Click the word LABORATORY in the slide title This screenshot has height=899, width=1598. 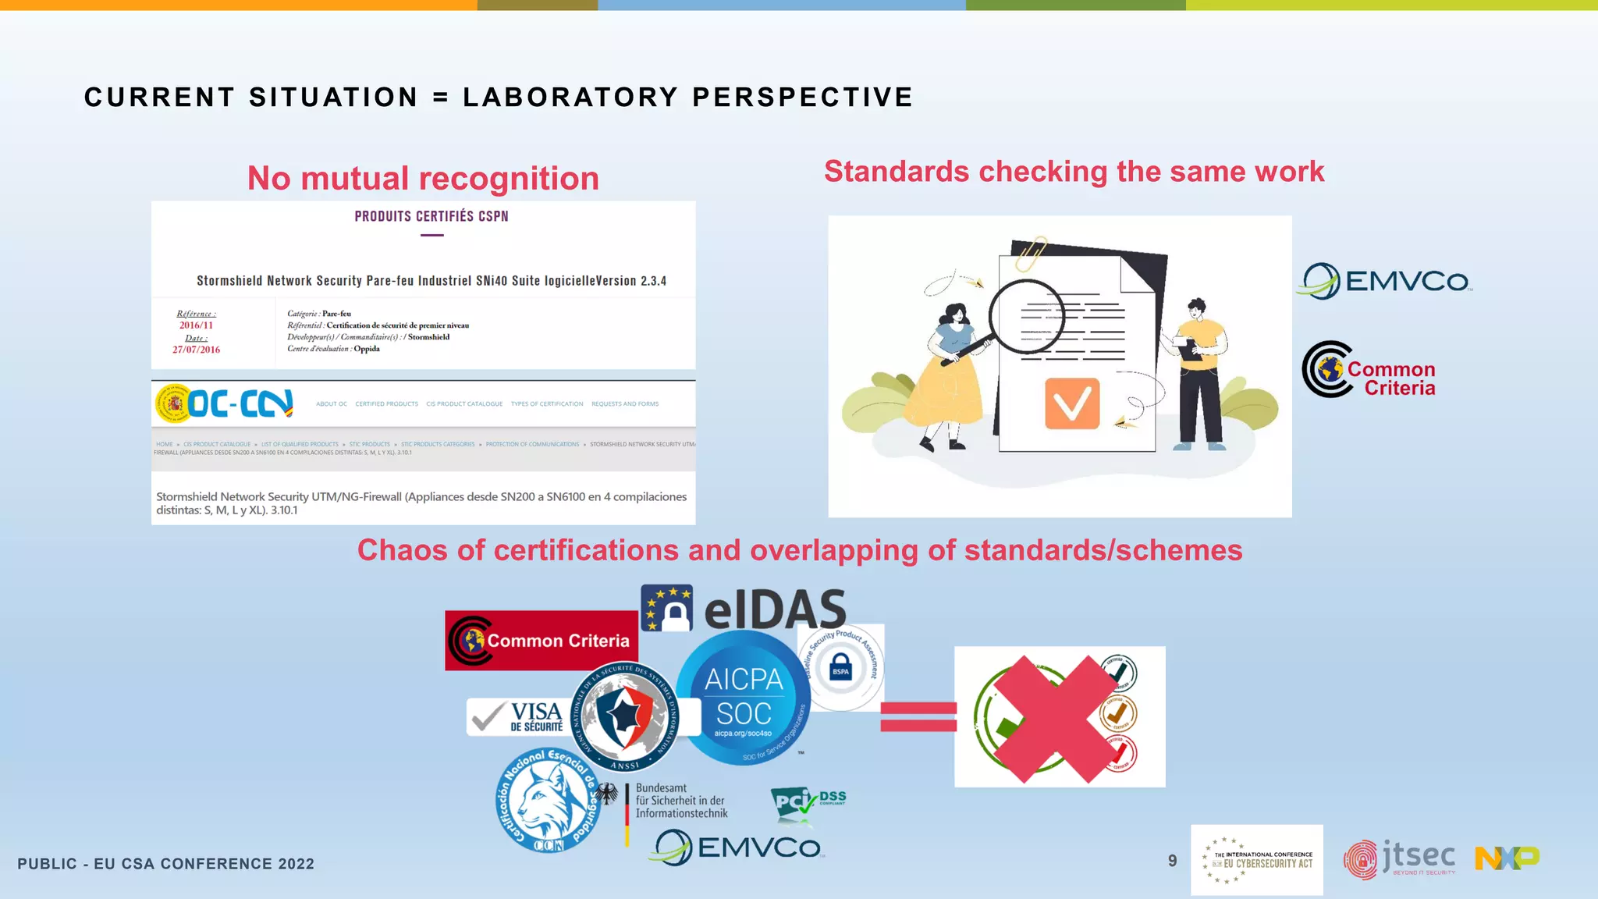[570, 98]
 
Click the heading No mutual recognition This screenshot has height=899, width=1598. [423, 179]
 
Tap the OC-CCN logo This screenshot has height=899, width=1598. [225, 403]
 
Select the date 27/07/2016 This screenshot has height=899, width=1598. [196, 350]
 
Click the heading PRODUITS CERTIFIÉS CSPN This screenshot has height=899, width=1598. [431, 216]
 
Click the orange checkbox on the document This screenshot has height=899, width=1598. [1072, 403]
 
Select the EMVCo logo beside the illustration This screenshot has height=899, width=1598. [1386, 281]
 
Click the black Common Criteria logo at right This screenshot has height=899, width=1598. [1369, 370]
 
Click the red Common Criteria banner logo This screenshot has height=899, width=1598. [542, 641]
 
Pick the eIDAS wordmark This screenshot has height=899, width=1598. [774, 609]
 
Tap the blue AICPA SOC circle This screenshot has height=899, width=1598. [743, 697]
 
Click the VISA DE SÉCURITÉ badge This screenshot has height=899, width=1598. [517, 716]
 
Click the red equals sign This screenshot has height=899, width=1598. [918, 716]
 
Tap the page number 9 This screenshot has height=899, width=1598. [1172, 861]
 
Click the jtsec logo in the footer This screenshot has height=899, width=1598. [1400, 859]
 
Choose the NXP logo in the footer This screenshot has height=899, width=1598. [1507, 858]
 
